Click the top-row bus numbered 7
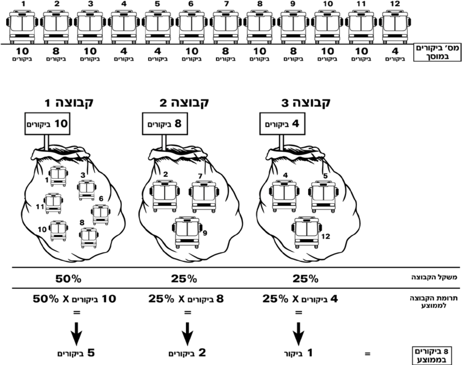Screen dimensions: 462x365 (225, 27)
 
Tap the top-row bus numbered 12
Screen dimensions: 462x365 (395, 27)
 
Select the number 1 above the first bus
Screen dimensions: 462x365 (23, 4)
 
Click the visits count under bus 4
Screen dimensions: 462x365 (124, 54)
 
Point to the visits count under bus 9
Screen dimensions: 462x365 (293, 54)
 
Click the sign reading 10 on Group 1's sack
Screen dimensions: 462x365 (47, 124)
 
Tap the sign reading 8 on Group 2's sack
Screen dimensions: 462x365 (165, 124)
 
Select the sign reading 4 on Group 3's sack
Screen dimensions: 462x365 (282, 124)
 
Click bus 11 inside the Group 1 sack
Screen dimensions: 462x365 (53, 203)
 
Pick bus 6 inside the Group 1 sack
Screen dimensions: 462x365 (100, 215)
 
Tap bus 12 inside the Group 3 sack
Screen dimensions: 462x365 (307, 232)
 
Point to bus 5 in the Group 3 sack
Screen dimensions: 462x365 (323, 197)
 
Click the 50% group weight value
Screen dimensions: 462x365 (68, 279)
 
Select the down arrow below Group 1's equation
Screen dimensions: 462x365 (76, 334)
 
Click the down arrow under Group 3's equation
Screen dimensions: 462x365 (298, 334)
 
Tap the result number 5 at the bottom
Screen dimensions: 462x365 (91, 353)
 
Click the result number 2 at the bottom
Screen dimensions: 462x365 (202, 353)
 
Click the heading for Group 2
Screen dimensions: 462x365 (184, 103)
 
